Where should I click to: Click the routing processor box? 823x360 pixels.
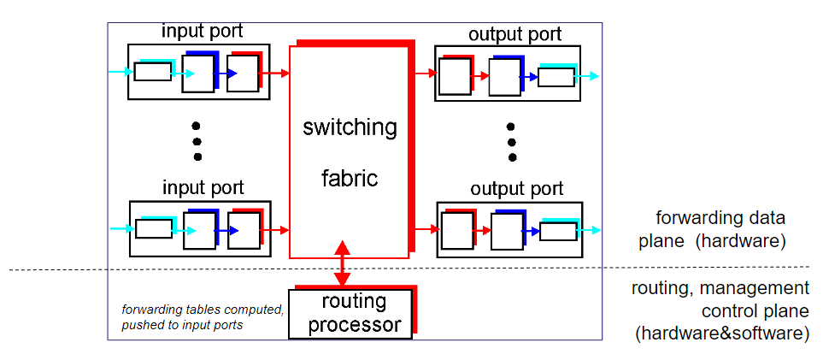[350, 313]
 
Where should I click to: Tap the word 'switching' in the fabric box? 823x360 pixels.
[350, 127]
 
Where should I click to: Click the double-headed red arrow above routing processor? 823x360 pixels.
[343, 263]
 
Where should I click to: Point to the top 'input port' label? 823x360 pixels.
[202, 32]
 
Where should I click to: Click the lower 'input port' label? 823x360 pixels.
[202, 187]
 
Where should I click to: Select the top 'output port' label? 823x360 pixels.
[515, 34]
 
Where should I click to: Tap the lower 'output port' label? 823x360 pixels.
[515, 188]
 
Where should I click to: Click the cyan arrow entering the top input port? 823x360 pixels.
[120, 72]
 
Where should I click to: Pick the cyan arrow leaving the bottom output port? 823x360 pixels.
[589, 230]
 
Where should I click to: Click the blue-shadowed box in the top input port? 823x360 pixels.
[198, 74]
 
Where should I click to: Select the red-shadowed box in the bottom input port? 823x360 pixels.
[244, 230]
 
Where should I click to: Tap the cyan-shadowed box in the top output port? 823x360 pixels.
[556, 77]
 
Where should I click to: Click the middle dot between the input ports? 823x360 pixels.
[197, 141]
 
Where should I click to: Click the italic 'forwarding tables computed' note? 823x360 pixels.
[202, 310]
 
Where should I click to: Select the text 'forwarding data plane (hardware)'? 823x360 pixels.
[712, 229]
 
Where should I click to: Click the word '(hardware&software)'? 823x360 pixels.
[722, 333]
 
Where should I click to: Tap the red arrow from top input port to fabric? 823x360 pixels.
[275, 74]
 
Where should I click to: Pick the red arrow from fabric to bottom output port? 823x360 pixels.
[425, 230]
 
